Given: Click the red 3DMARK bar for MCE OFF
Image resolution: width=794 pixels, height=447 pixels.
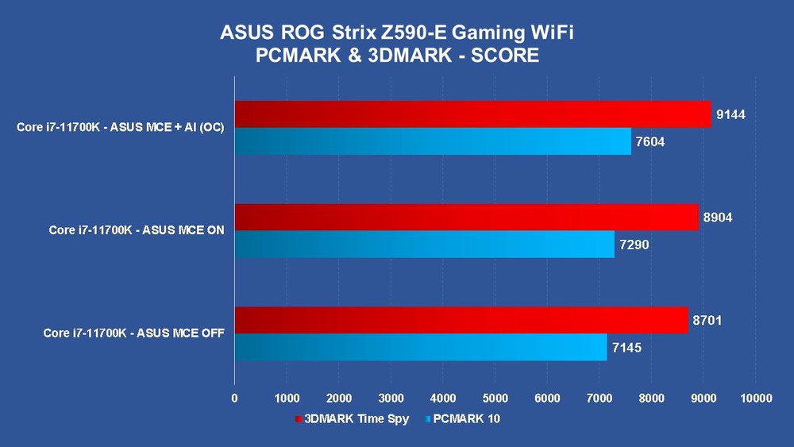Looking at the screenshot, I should (x=461, y=320).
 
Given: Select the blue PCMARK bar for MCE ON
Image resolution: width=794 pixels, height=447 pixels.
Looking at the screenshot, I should (x=424, y=245).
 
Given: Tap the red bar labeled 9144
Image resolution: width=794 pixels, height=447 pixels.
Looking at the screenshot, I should (x=472, y=114).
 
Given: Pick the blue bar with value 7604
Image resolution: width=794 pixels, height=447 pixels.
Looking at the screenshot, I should (x=433, y=141).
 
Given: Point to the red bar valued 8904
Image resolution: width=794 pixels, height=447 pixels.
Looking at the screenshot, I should (x=466, y=218).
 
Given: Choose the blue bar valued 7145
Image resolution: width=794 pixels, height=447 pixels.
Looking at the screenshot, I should (x=421, y=347).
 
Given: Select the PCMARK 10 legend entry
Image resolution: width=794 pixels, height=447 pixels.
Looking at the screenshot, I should (x=467, y=418).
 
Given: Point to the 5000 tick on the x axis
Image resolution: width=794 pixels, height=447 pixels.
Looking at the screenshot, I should (x=495, y=397).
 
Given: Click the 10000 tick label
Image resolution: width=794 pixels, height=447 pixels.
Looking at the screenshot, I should (x=754, y=397).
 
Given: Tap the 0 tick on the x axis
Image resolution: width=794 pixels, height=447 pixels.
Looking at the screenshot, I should (x=234, y=397).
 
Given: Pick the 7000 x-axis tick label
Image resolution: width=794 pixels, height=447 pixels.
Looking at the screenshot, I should (x=599, y=397).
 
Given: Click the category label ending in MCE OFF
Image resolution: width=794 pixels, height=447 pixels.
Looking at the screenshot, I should (x=133, y=333).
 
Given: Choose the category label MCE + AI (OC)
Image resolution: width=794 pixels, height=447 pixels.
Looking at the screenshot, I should (x=120, y=128).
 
